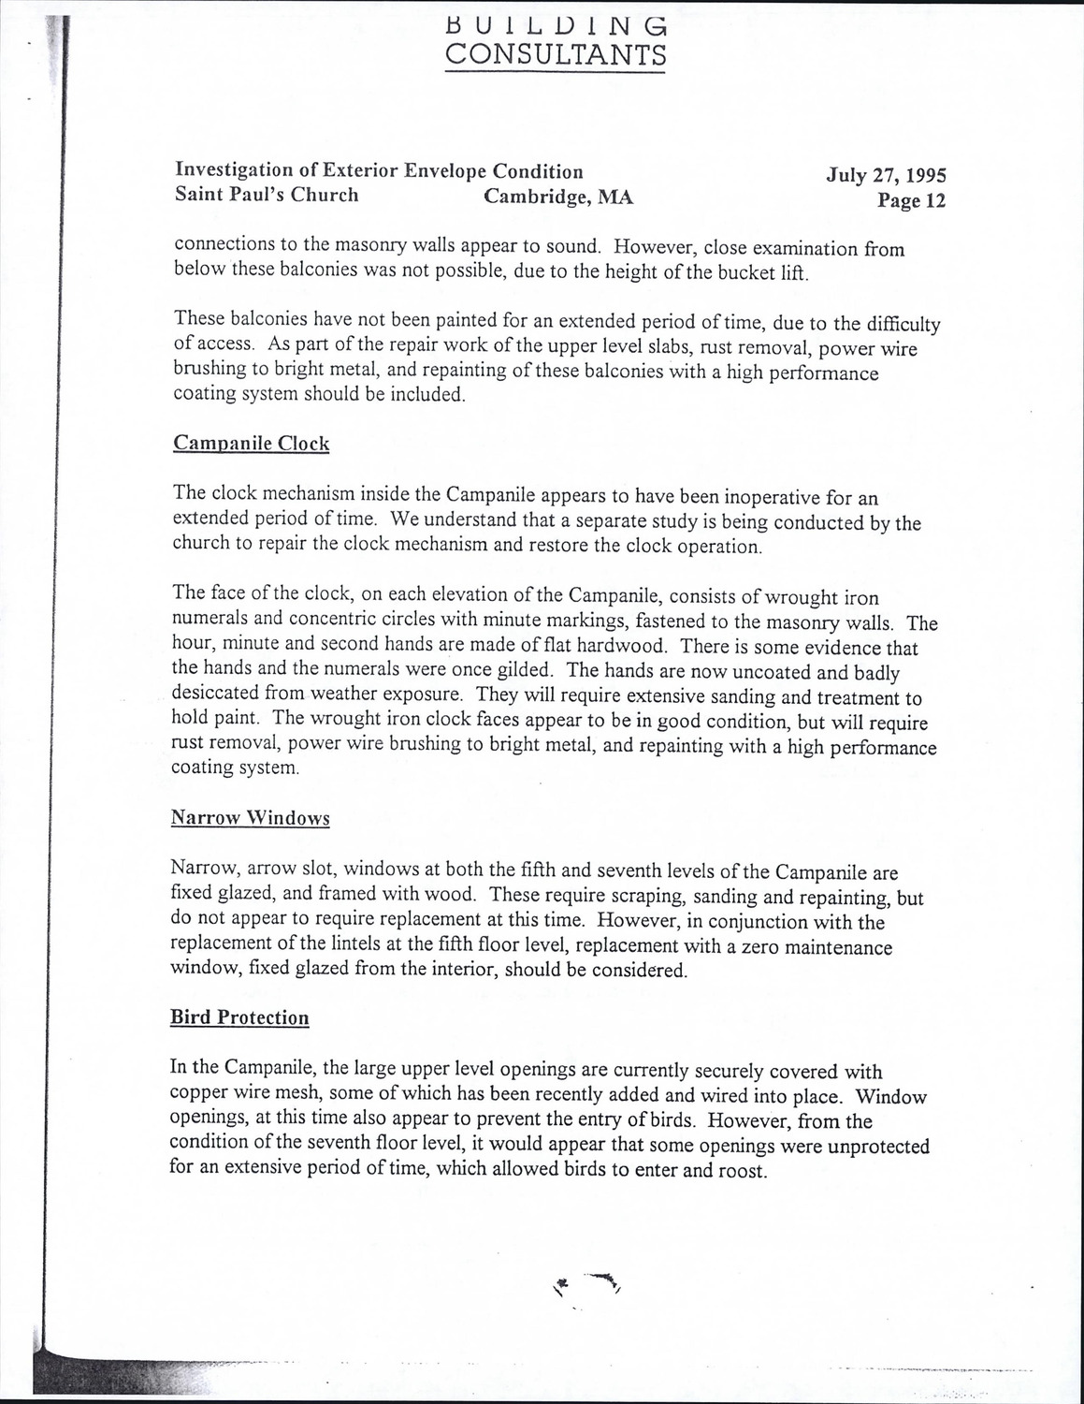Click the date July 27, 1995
click(886, 175)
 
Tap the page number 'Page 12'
click(911, 200)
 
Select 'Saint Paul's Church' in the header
click(267, 195)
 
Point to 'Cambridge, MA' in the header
click(558, 197)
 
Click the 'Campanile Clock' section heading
click(251, 443)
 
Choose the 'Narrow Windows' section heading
click(250, 818)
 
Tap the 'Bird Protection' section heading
click(239, 1017)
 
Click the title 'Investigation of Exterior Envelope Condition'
click(379, 170)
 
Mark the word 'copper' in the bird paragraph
click(197, 1094)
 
